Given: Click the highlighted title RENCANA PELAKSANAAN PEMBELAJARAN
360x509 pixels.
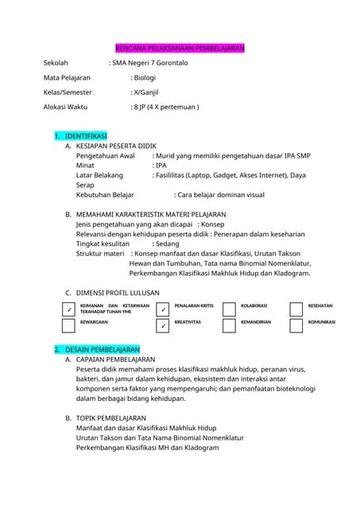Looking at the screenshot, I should point(180,49).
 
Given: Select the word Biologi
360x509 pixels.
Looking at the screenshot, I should point(145,78).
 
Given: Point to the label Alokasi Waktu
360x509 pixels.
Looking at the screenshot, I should point(66,107).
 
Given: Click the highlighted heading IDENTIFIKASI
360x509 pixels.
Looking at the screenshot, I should point(86,137).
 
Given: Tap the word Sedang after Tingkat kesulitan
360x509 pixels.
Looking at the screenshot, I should point(167,244).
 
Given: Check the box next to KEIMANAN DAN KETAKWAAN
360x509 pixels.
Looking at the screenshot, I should point(69,309).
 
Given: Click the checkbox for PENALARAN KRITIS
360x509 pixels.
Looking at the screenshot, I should point(162,309).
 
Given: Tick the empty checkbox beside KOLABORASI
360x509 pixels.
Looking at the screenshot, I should point(229,309).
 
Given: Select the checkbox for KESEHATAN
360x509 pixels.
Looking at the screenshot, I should point(296,309).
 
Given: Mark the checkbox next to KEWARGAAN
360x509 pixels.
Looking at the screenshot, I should point(69,325).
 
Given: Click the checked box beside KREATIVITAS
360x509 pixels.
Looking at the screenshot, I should point(162,325).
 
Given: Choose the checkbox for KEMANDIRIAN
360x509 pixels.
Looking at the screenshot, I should point(229,325).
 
